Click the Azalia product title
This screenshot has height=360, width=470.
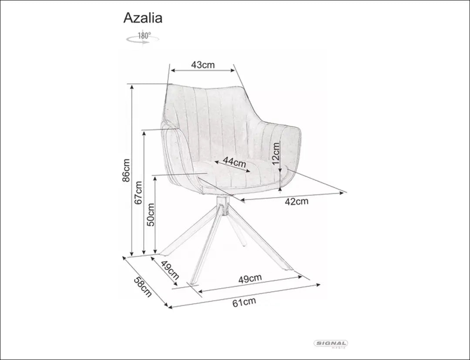(143, 18)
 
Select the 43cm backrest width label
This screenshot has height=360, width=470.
(203, 65)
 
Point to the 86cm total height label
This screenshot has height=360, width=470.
(126, 170)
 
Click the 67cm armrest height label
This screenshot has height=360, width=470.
(138, 192)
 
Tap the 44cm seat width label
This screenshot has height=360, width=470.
(235, 162)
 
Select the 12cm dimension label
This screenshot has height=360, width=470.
(275, 153)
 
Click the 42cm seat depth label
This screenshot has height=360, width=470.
(296, 202)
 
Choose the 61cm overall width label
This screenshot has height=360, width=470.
(244, 302)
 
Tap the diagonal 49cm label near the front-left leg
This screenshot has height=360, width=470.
(170, 270)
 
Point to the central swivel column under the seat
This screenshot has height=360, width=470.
(223, 206)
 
